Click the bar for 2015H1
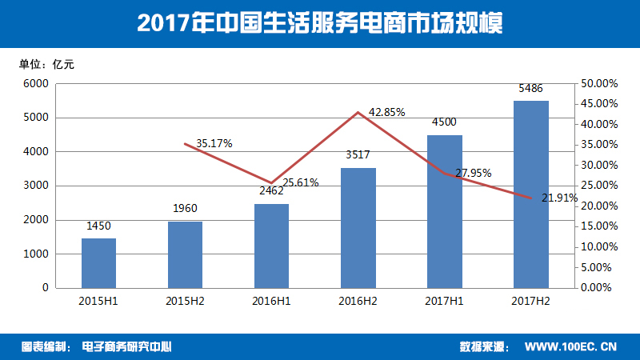(98, 262)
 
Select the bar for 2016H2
(358, 227)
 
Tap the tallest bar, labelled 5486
(531, 194)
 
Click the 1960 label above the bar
(186, 209)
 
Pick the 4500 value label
(444, 122)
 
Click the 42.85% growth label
(387, 113)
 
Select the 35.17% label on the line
(214, 144)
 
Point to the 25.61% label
(300, 182)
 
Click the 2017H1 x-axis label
(445, 302)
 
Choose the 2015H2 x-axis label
(186, 302)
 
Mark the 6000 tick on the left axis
(35, 83)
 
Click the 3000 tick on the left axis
(35, 186)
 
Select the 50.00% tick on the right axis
(596, 83)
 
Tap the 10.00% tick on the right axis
(596, 246)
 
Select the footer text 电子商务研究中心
(128, 347)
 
